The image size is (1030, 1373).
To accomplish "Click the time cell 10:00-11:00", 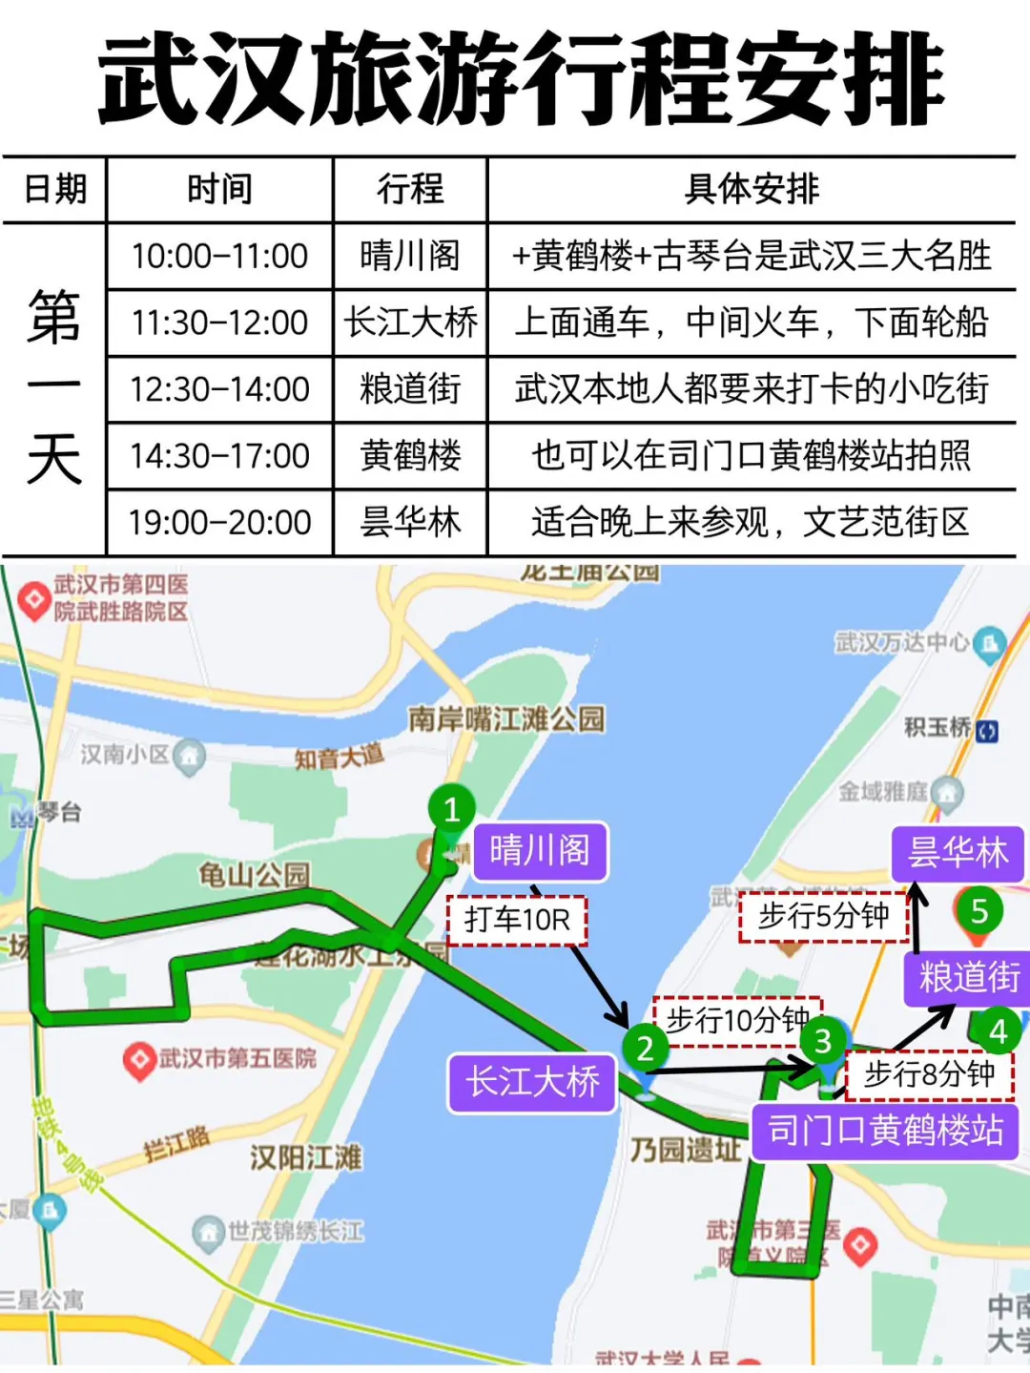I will [x=219, y=256].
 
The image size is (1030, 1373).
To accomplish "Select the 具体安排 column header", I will [x=752, y=189].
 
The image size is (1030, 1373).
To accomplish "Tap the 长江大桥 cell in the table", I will [x=410, y=322].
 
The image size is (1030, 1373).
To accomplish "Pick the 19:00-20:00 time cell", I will [x=219, y=523].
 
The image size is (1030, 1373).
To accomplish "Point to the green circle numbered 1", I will [x=452, y=810].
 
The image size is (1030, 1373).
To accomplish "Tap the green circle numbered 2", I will [x=646, y=1048].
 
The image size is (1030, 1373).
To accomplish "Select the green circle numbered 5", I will [x=979, y=911].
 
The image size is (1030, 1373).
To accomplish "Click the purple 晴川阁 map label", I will [x=540, y=850].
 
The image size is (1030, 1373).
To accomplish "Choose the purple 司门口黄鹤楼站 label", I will [x=885, y=1132].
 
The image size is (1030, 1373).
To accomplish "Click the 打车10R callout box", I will [x=517, y=920].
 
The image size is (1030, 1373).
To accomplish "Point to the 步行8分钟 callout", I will [x=929, y=1074].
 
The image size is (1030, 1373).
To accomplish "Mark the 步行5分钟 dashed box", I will [x=823, y=916].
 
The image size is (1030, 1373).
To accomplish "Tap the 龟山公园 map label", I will [x=254, y=873].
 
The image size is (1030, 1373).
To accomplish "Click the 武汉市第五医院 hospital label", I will [x=237, y=1058].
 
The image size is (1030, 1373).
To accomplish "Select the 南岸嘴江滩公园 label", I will [x=506, y=718].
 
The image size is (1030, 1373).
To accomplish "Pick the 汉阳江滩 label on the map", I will [x=305, y=1157].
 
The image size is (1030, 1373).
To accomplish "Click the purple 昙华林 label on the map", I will [x=958, y=852].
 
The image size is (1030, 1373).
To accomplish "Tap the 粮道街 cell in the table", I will [x=410, y=389].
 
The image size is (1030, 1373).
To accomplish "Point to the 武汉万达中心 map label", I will [x=902, y=642].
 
